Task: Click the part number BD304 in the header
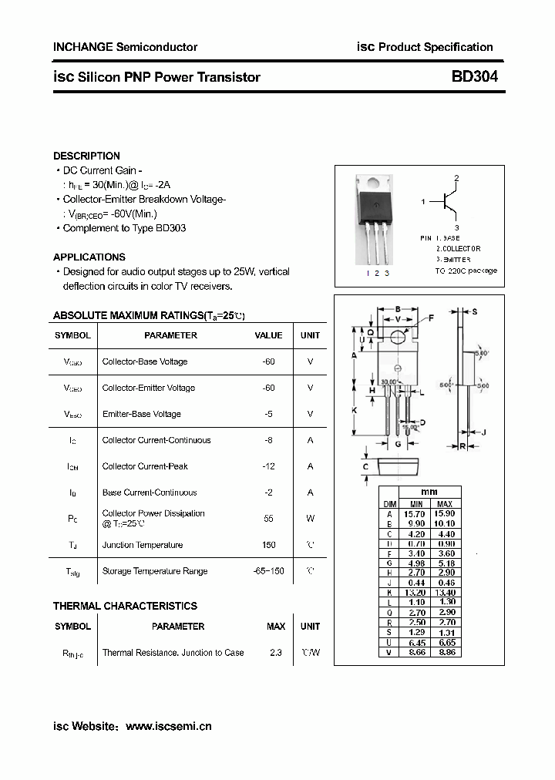pos(475,77)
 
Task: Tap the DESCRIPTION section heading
pos(86,156)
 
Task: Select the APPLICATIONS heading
pos(89,257)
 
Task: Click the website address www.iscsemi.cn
pos(168,726)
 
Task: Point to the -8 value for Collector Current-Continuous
pos(268,440)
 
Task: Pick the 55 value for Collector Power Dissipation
pos(268,519)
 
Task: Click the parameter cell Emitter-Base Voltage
pos(142,414)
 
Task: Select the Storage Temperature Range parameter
pos(155,571)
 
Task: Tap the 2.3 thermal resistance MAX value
pos(276,653)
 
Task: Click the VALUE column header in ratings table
pos(268,335)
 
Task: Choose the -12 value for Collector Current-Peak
pos(268,466)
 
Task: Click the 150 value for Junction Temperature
pos(268,545)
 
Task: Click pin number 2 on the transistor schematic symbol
pos(456,179)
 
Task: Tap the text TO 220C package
pos(466,271)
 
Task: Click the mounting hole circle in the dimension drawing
pos(398,337)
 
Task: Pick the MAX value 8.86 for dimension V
pos(444,652)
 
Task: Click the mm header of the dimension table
pos(429,493)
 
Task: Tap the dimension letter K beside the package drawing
pos(354,411)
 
